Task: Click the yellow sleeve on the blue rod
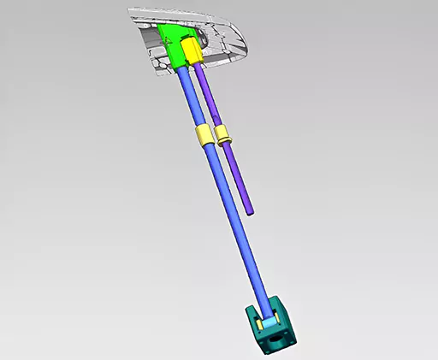[x=203, y=136]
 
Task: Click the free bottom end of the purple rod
[x=249, y=210]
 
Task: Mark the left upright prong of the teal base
[x=251, y=315]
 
